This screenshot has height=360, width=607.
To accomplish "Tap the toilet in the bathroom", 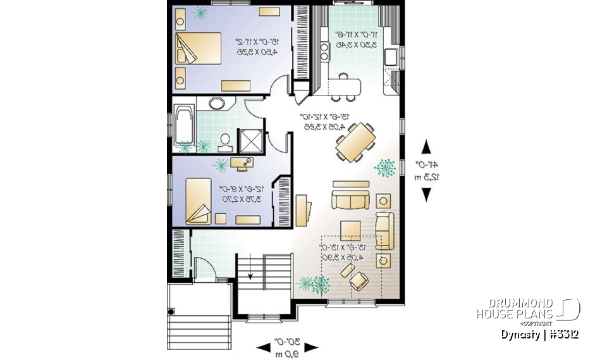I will coord(224,140).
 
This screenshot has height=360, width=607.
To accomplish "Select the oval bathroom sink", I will coord(216,105).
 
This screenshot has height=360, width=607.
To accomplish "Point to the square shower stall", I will coord(247,140).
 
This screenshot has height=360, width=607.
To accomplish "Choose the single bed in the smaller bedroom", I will coord(199,201).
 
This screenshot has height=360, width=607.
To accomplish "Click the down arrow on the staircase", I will coord(251,273).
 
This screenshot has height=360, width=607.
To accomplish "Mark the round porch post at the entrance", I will coord(171,311).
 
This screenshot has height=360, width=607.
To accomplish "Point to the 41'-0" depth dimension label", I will coord(426,170).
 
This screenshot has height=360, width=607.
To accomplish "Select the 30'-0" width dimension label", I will coord(287,346).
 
